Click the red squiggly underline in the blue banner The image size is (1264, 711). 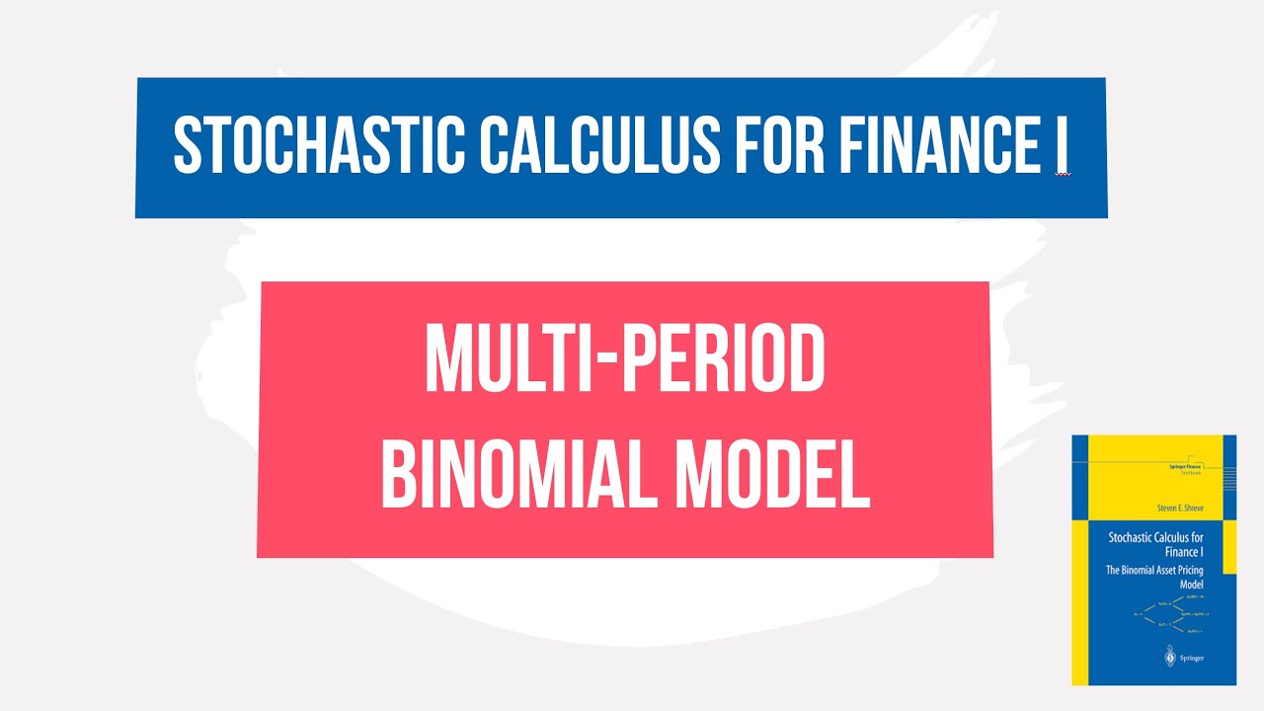pos(1063,174)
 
